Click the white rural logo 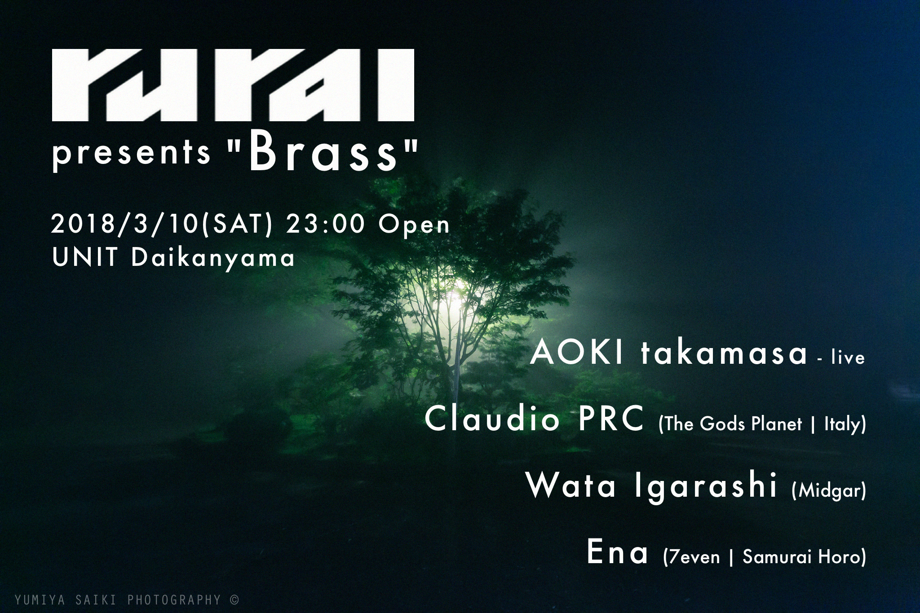[233, 85]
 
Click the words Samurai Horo [801, 557]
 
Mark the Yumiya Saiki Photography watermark [127, 600]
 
